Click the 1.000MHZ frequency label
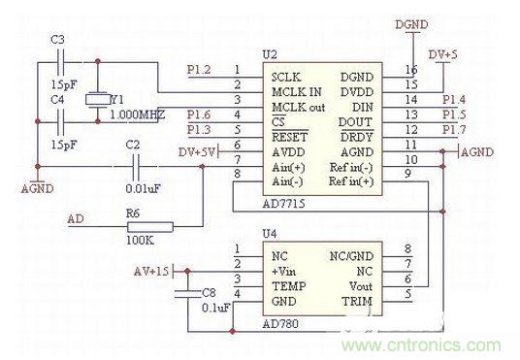(137, 114)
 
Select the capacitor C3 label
(57, 38)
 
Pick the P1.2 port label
(199, 70)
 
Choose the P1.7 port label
(454, 129)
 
